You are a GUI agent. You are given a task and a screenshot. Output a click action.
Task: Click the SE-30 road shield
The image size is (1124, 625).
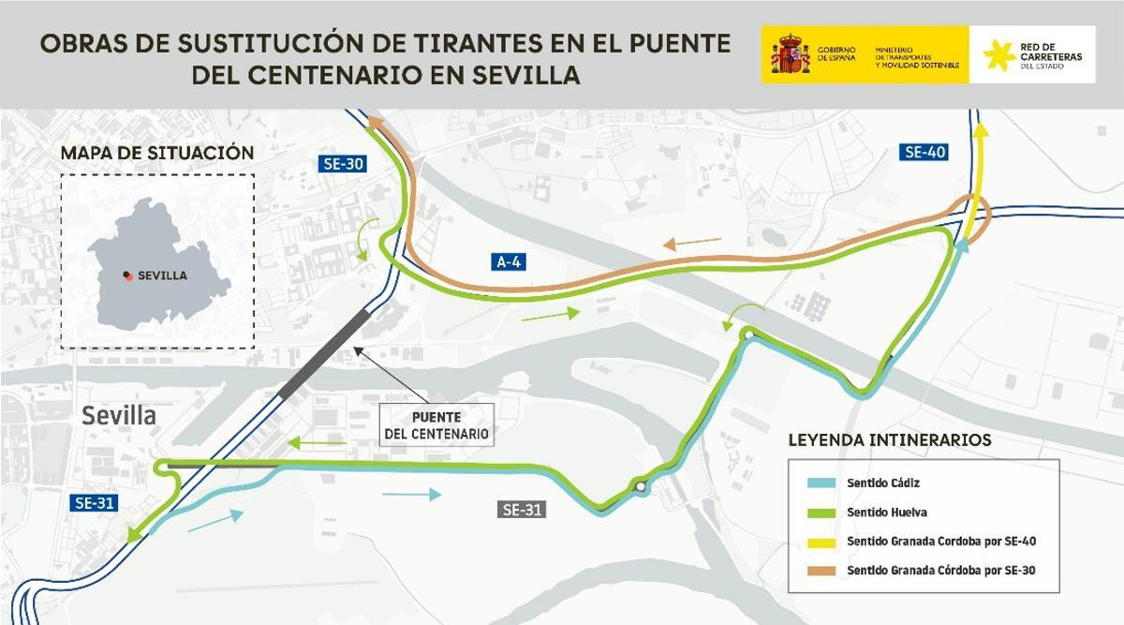click(341, 165)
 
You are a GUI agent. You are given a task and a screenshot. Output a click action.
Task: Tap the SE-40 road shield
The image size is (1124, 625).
click(924, 152)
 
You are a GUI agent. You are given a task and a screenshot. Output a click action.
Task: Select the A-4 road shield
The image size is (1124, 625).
click(508, 262)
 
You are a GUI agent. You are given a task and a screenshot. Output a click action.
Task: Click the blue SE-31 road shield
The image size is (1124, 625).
click(95, 503)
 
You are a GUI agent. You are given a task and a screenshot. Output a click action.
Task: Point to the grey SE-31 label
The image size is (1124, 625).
click(523, 510)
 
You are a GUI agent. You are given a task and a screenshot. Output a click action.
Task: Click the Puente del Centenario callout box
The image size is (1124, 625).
click(436, 425)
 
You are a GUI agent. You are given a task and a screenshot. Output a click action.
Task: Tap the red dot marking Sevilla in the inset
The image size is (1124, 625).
click(126, 275)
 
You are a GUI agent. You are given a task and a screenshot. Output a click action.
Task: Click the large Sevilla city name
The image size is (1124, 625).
click(119, 416)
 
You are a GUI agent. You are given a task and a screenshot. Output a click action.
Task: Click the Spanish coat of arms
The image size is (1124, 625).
click(790, 55)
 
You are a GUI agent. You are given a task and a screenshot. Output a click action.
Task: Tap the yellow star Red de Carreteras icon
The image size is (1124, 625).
click(998, 55)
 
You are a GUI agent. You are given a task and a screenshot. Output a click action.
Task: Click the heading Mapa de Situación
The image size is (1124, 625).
click(156, 153)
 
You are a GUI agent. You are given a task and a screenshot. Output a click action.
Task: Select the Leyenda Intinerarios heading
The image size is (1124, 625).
click(890, 439)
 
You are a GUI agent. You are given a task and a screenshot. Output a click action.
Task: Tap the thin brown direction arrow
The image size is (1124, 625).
click(693, 245)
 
